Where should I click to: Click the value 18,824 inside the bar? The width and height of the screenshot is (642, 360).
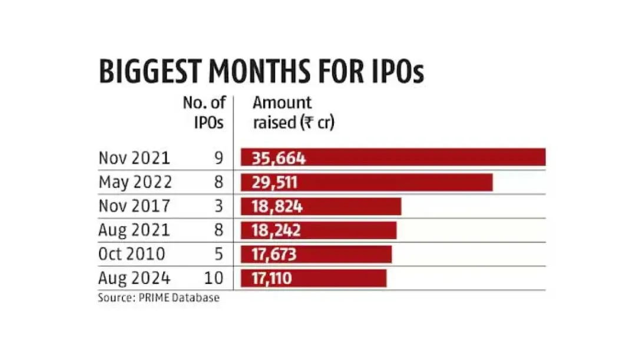(277, 206)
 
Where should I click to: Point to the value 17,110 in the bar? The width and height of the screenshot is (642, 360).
(272, 278)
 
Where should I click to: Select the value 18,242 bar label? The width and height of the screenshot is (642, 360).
(277, 230)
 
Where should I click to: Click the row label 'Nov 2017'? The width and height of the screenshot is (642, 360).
(134, 206)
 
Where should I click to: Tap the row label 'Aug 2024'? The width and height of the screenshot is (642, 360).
(135, 278)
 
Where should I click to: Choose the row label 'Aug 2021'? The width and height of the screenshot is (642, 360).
(135, 230)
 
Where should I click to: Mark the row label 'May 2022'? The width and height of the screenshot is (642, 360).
(135, 182)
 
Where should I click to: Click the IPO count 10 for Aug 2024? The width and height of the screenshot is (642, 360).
(216, 278)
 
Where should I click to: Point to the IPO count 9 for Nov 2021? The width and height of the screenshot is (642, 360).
(219, 158)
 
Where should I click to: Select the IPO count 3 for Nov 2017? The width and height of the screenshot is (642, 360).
(219, 206)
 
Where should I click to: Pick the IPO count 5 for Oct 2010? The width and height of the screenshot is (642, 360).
(219, 254)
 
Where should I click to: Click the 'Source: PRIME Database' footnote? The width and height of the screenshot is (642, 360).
(158, 298)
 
